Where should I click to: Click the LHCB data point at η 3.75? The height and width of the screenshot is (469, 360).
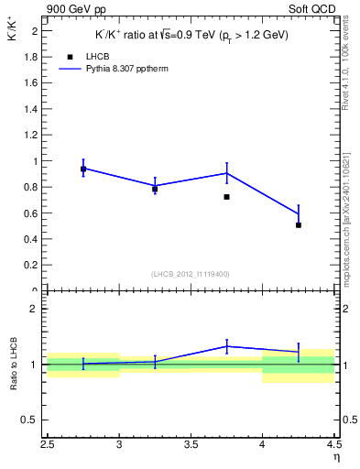tap(226, 197)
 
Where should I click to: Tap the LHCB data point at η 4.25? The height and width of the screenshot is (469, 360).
tap(299, 224)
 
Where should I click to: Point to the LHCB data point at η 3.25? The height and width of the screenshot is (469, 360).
tap(155, 189)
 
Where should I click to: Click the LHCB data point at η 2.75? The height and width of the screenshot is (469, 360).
tap(83, 169)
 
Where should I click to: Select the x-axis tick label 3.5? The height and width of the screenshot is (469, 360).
tap(191, 446)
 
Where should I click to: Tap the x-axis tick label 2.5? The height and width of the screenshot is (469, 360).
tap(48, 446)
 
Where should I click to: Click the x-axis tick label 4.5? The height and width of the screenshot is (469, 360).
tap(333, 446)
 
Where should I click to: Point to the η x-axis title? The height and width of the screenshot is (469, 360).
tap(335, 459)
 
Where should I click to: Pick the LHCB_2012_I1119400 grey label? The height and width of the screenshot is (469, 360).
tap(191, 274)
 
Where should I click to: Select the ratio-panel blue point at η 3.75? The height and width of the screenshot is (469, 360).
tap(226, 346)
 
